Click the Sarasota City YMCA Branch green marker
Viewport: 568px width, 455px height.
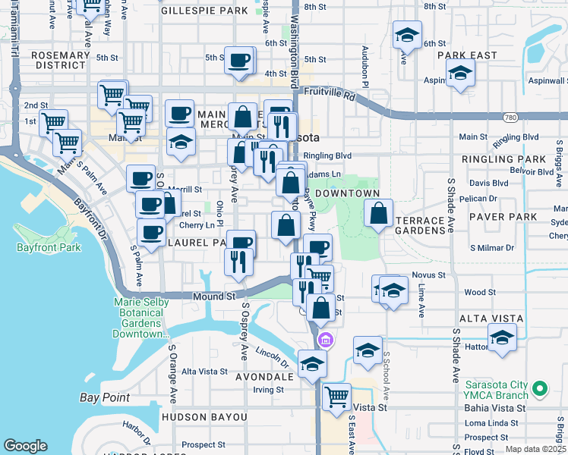point(540,389)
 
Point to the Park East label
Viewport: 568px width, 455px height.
point(471,55)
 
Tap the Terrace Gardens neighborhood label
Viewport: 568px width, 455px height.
point(421,224)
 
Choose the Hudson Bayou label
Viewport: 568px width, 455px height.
point(204,417)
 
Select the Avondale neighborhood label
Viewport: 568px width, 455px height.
point(263,377)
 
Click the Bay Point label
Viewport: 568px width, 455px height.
point(105,397)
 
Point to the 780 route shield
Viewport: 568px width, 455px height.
point(510,118)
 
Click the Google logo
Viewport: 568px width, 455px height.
point(25,446)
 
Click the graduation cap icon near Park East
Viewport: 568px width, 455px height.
point(460,74)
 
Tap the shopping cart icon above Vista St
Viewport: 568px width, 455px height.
point(336,395)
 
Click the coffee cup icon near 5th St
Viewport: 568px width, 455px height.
point(240,59)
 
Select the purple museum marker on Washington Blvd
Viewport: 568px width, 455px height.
point(326,338)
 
